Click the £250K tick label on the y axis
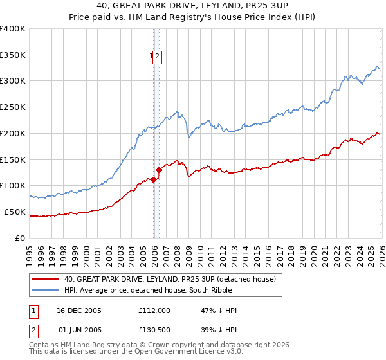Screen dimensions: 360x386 [x=13, y=107]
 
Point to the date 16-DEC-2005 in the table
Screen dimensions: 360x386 [x=80, y=310]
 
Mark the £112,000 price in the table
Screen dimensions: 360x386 [x=154, y=310]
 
